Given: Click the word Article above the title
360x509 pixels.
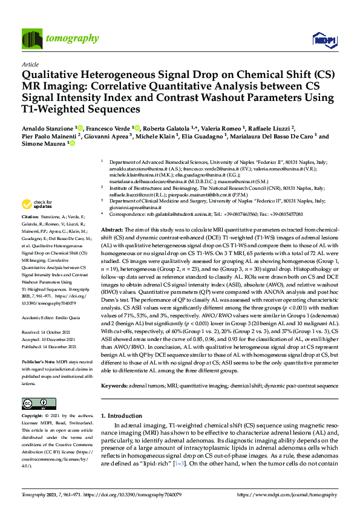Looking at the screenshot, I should [x=30, y=63].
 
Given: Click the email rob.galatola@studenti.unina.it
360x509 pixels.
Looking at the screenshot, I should [x=180, y=215].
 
